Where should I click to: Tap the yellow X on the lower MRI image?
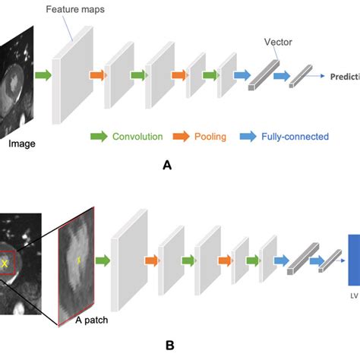coord(6,263)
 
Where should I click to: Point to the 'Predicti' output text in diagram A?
coord(344,77)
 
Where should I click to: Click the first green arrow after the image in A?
coord(43,75)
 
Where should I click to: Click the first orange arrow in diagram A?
coord(96,75)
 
